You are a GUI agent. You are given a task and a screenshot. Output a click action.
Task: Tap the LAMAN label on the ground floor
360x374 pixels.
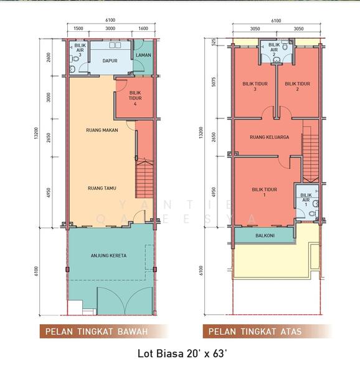point(143,55)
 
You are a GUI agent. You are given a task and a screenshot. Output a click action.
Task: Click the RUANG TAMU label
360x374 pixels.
point(103,188)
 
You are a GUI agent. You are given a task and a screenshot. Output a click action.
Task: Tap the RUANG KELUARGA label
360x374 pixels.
point(269,137)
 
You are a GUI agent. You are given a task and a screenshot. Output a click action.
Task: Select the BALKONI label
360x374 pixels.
point(262,236)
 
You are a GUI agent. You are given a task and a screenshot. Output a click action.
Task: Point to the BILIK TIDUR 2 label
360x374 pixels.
point(298,87)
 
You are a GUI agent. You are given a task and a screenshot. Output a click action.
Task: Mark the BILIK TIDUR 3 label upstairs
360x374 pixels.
point(255,87)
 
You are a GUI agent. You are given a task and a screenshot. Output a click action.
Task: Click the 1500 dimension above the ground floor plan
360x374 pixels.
point(78,29)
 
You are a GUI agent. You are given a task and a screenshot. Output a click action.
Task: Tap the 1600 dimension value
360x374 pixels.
point(143,29)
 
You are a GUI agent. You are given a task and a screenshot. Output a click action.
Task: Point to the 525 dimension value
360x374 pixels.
point(213,42)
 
